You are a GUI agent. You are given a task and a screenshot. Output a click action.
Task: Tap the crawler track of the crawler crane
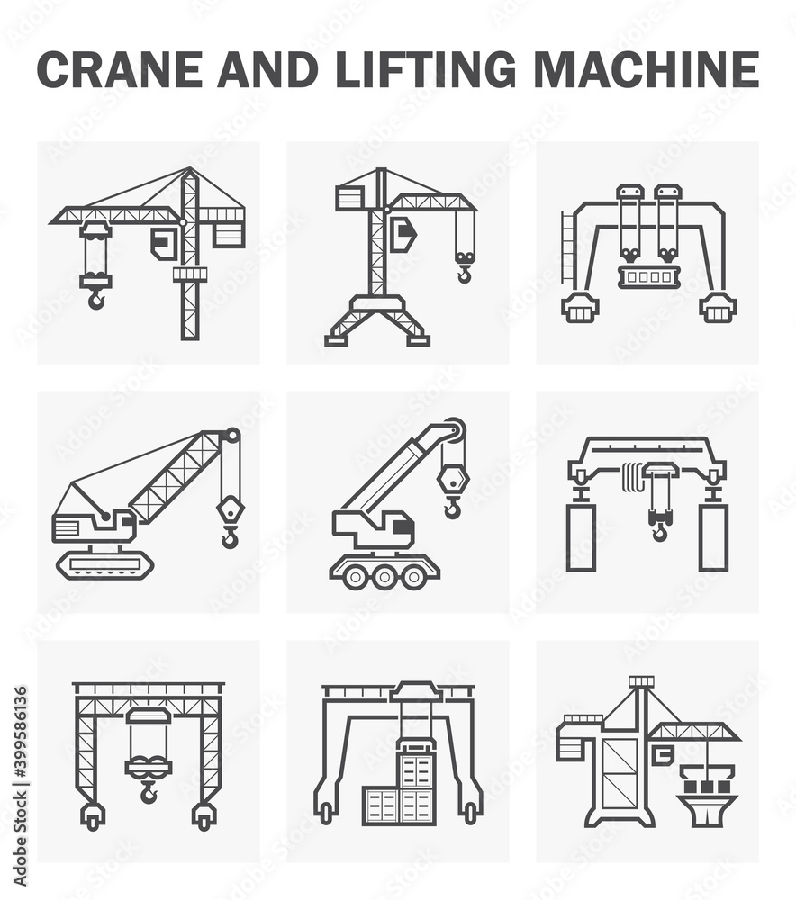[104, 564]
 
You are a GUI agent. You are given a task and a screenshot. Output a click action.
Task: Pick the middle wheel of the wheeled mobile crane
[384, 577]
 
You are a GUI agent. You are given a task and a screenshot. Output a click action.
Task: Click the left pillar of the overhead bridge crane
[581, 537]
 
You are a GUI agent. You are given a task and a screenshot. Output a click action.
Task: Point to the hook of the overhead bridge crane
[660, 531]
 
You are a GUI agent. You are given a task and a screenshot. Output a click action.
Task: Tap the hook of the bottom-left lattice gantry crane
[149, 792]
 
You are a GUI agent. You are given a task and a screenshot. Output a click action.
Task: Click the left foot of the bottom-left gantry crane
[92, 815]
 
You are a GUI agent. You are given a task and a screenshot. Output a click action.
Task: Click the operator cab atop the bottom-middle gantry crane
[416, 692]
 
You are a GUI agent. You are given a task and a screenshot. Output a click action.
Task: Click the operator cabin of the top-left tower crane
[164, 243]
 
